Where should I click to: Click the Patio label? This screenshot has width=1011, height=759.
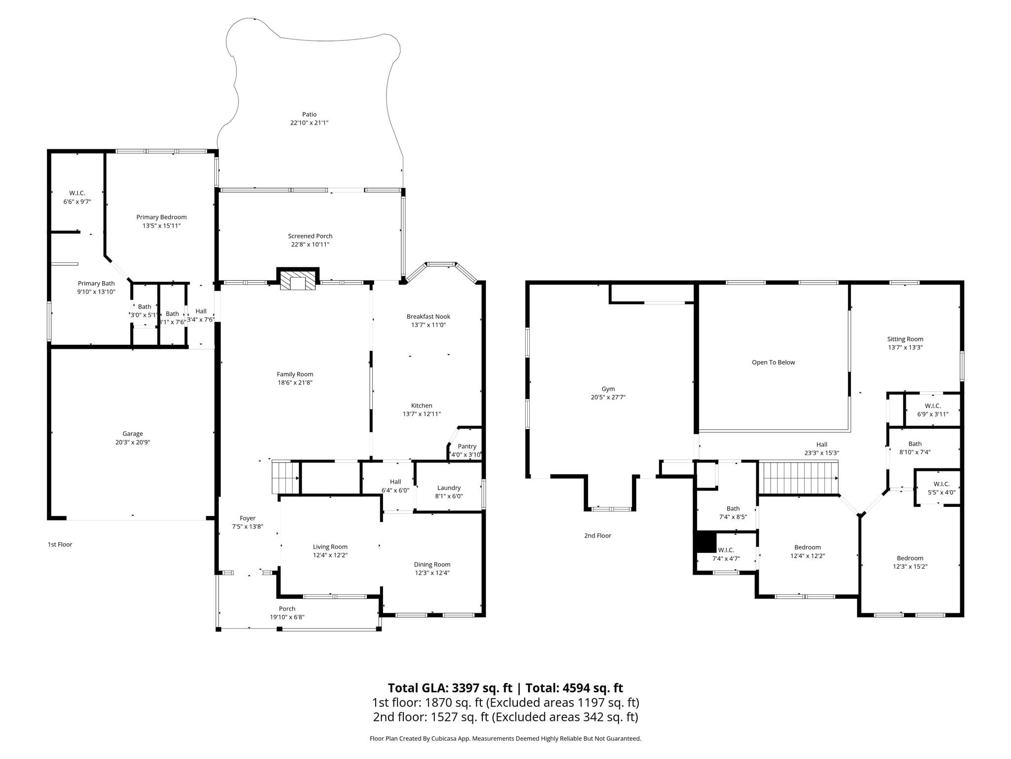coord(310,115)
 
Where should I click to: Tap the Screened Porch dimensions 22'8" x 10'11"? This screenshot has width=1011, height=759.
coord(310,245)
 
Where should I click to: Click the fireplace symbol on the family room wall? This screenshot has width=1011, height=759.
coord(298,279)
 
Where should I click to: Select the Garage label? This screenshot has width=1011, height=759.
coord(133,434)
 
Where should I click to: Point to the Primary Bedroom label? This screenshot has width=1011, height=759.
coord(161,217)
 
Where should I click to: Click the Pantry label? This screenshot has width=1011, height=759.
coord(467,446)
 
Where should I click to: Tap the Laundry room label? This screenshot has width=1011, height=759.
coord(449,488)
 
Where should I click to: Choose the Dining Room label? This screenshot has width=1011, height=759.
coord(432,564)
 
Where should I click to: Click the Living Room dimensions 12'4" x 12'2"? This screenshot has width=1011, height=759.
coord(330,555)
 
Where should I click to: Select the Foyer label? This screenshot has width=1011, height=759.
coord(248,518)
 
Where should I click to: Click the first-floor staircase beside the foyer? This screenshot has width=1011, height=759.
coord(286,477)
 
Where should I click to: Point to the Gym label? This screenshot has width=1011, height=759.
coord(608,389)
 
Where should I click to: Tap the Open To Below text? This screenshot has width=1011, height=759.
coord(774,362)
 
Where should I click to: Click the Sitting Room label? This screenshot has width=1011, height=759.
coord(905,339)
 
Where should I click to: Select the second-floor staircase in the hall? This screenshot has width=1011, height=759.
coord(799,477)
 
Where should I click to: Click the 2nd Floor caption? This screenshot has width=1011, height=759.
coord(598,535)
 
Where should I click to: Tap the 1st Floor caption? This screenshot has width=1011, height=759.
coord(60,544)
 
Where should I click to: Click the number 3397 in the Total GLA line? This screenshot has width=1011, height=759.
coord(466,688)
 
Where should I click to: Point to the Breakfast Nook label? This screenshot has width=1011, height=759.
coord(428,316)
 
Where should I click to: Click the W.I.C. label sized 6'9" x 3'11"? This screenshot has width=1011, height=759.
coord(933,406)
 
